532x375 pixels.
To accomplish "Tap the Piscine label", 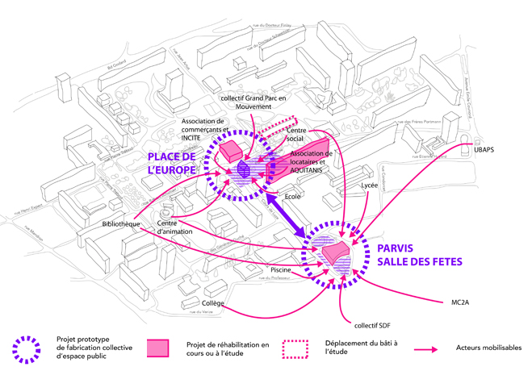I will pyautogui.click(x=280, y=270).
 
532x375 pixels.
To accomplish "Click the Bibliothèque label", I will pyautogui.click(x=122, y=223).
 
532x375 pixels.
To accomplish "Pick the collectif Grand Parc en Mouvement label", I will pyautogui.click(x=260, y=104).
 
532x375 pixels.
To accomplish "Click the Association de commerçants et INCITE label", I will pyautogui.click(x=202, y=130).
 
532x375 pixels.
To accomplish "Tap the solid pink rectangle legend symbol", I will pyautogui.click(x=158, y=348).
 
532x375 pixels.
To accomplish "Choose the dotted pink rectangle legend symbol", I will pyautogui.click(x=294, y=348).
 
